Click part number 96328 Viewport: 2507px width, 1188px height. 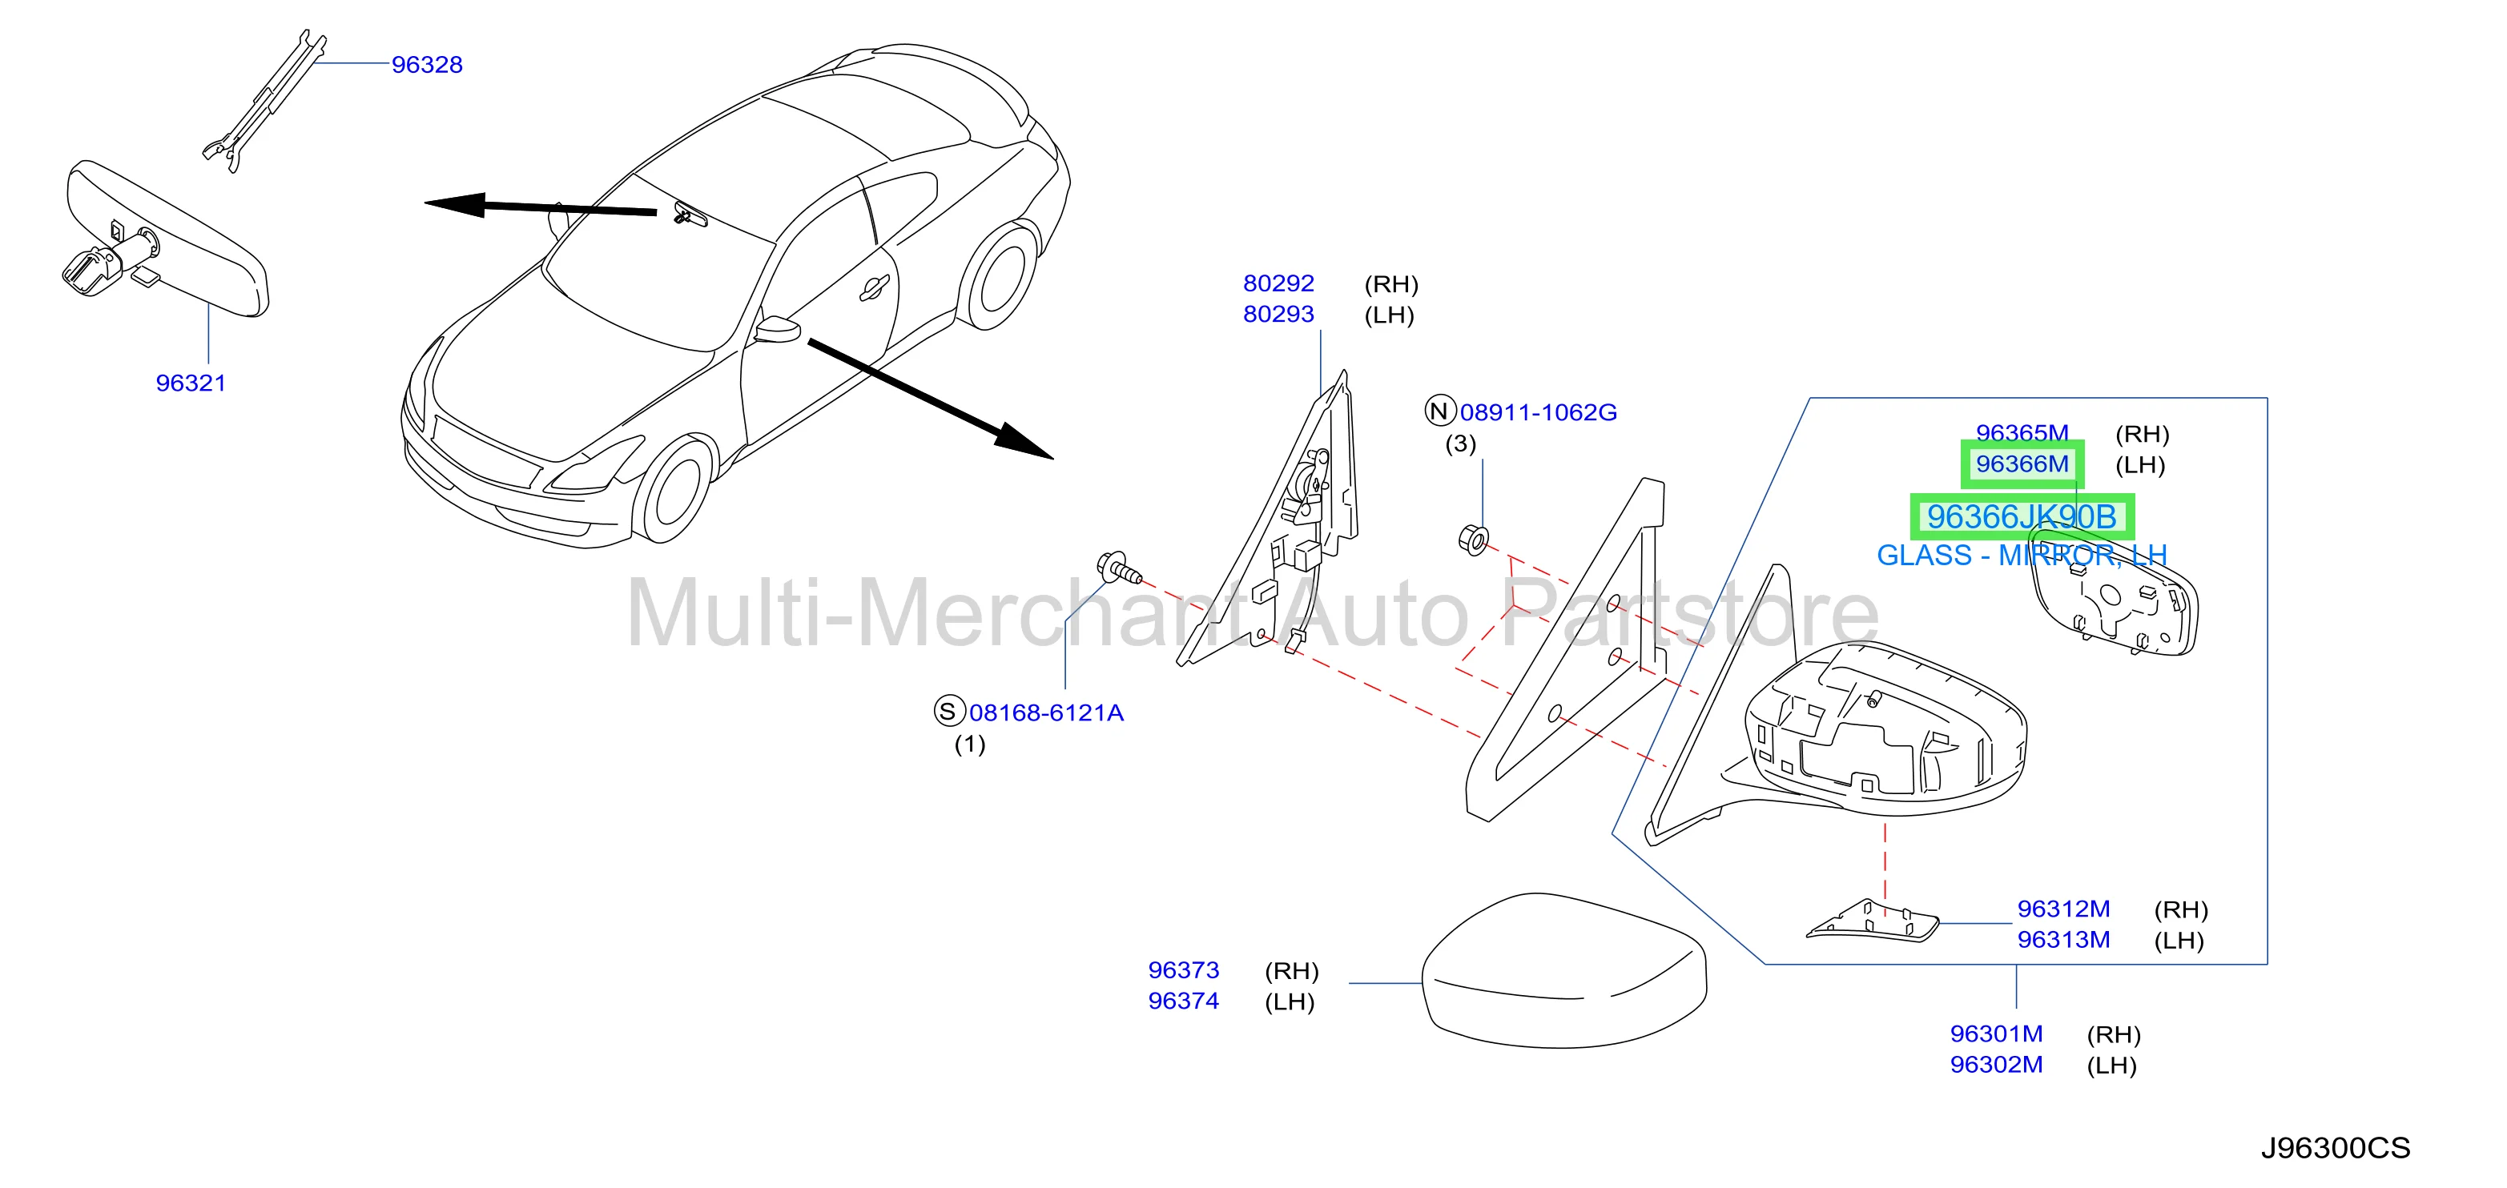point(426,64)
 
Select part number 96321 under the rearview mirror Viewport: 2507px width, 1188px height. point(191,383)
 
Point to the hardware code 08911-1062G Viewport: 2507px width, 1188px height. point(1538,412)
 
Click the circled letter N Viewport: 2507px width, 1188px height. point(1440,411)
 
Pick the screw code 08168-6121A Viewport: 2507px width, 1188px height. point(1046,713)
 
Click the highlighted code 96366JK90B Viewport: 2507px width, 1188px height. point(2022,516)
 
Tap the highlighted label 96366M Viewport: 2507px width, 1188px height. point(2022,464)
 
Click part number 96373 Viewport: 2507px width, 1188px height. point(1184,970)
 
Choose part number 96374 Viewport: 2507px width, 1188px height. point(1184,1001)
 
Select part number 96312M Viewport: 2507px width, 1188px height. point(2063,909)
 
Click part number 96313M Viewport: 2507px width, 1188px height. point(2063,940)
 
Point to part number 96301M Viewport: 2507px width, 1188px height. point(1996,1034)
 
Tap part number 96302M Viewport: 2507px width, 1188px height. point(1996,1066)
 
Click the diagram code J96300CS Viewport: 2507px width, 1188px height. point(2335,1148)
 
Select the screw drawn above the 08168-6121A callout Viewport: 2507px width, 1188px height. point(1119,568)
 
